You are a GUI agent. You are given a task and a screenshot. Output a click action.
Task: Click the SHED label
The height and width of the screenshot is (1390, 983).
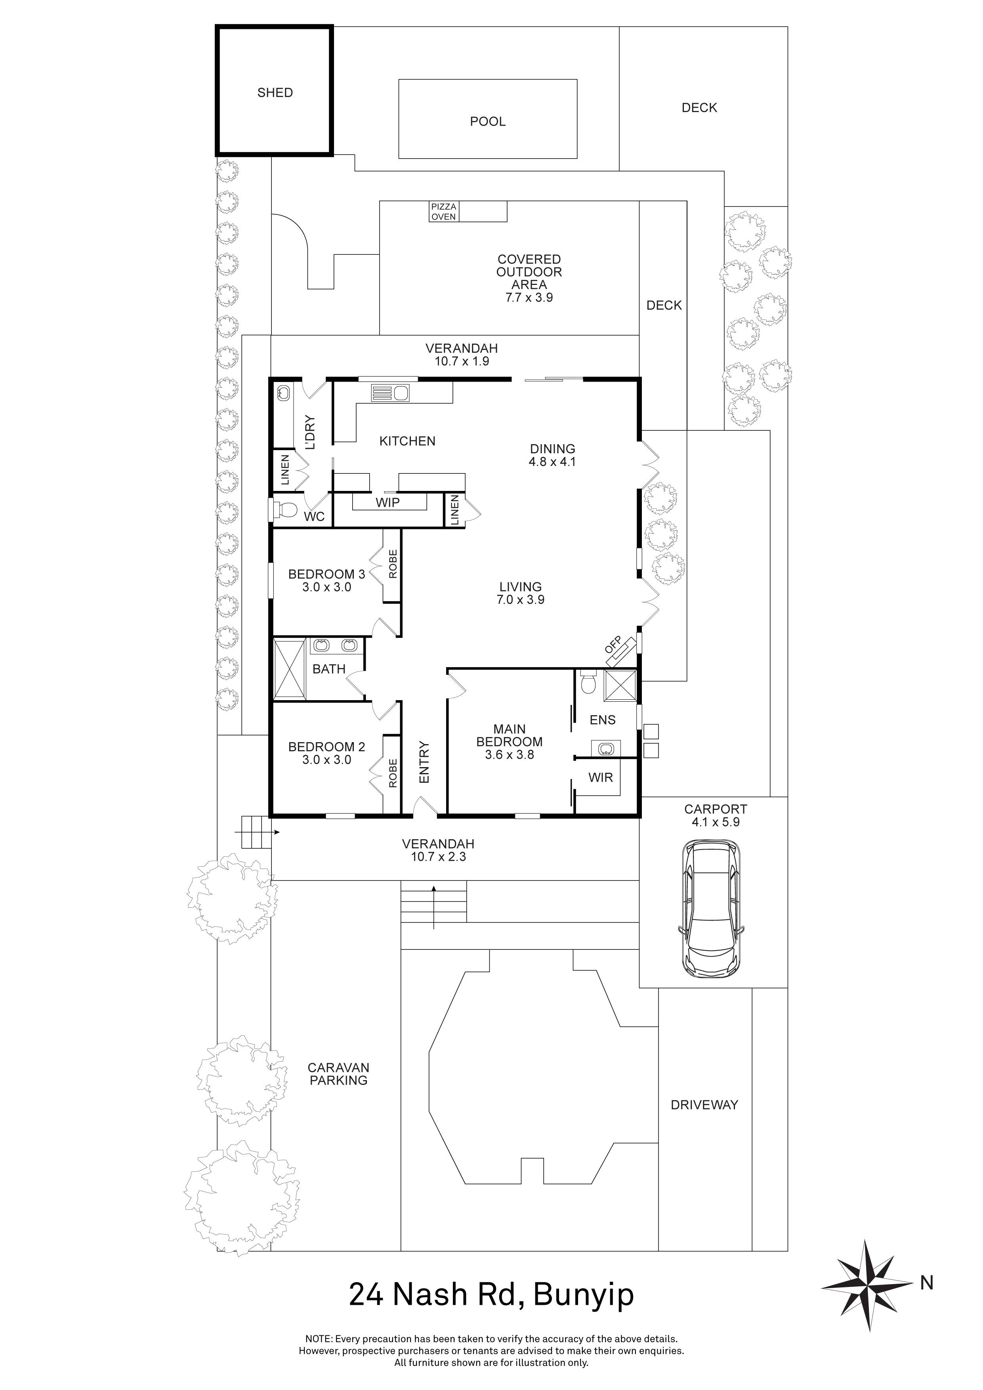[275, 93]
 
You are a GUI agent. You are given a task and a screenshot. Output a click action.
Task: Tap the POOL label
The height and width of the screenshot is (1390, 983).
[487, 122]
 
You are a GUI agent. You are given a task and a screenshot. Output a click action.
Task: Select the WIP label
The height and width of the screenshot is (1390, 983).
[387, 502]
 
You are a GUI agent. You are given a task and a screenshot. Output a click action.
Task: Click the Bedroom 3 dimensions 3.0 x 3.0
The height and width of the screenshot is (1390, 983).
[327, 587]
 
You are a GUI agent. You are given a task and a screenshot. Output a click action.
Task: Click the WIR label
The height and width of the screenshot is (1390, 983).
[600, 777]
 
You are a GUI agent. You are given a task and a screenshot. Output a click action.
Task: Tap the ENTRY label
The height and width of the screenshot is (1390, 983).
[424, 763]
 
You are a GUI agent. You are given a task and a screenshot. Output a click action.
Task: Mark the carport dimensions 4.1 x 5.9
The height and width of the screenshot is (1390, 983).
[716, 822]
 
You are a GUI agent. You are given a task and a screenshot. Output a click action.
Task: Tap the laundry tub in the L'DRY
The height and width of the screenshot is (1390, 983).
[282, 393]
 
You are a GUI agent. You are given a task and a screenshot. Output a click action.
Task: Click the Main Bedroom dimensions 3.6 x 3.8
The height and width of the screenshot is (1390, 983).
[509, 755]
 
